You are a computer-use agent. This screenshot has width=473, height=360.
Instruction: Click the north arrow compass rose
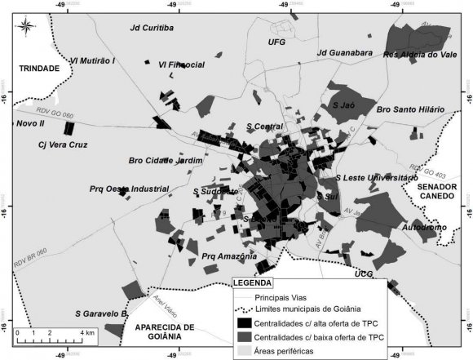(27, 25)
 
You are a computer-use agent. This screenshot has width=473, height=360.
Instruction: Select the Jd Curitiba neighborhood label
(153, 28)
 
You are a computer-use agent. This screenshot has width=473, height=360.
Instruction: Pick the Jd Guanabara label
(344, 53)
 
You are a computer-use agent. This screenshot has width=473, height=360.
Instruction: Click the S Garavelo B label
(102, 313)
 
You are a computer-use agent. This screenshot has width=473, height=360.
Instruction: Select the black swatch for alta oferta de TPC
(241, 324)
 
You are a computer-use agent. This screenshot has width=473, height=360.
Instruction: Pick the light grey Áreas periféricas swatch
(241, 350)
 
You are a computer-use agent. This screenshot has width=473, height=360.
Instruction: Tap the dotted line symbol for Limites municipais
(241, 309)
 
